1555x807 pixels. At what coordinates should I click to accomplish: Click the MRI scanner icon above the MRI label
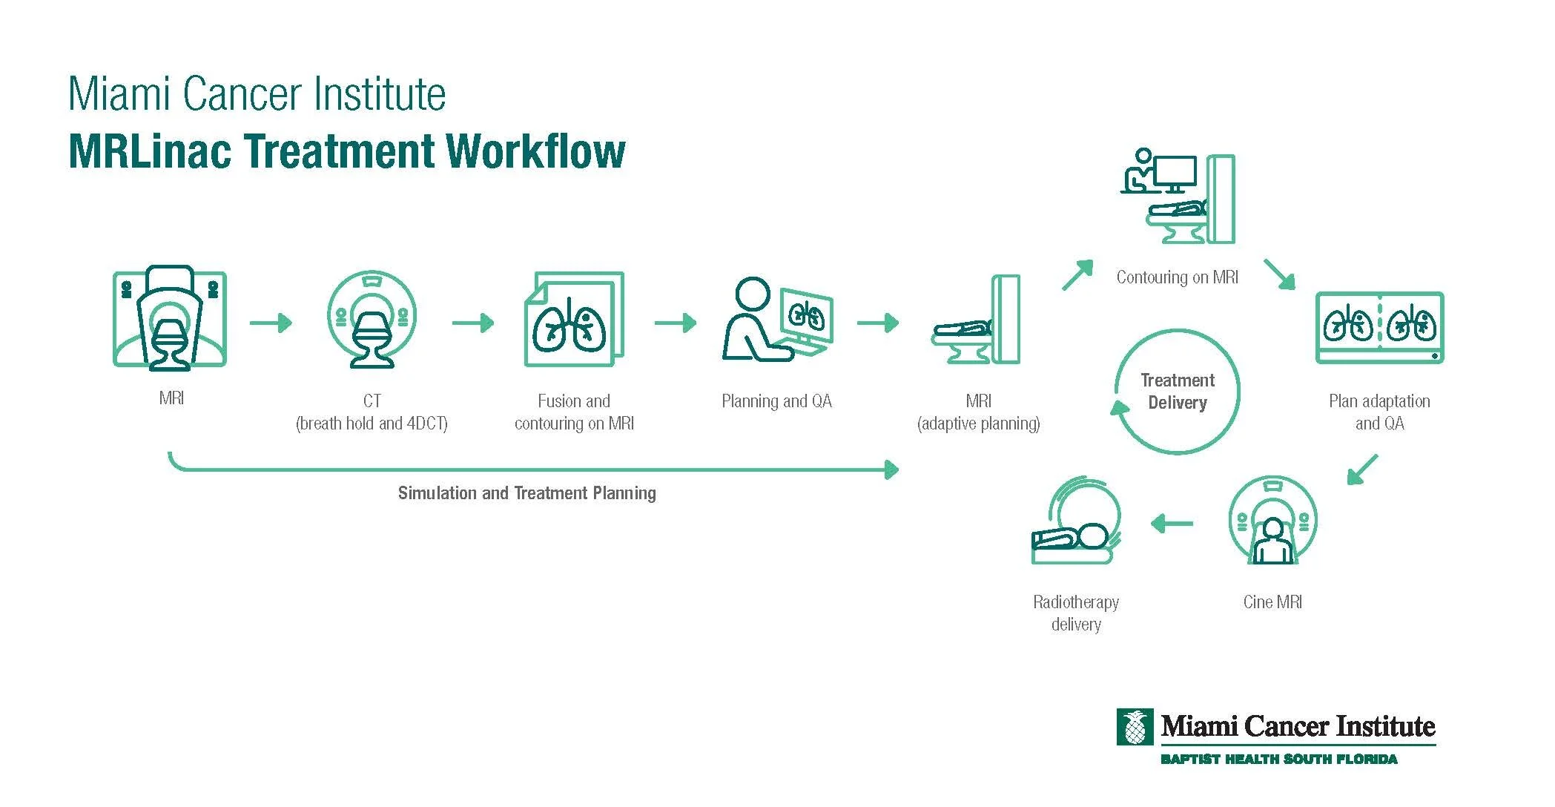[x=170, y=319]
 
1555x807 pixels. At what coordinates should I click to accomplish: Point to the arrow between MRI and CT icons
[x=271, y=323]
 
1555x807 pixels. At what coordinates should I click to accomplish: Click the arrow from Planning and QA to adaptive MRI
[x=878, y=323]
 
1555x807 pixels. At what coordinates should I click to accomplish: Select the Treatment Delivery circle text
[x=1177, y=392]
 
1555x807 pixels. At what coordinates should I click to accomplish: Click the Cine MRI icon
[x=1272, y=521]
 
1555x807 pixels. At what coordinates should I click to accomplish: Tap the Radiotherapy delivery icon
[x=1076, y=522]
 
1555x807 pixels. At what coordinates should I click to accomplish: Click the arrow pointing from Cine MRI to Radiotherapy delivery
[x=1172, y=524]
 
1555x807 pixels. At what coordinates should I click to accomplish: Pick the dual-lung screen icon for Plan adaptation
[x=1379, y=327]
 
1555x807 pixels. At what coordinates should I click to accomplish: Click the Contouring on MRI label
[x=1177, y=277]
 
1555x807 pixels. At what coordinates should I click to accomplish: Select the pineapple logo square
[x=1135, y=727]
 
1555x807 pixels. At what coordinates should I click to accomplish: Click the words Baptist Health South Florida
[x=1278, y=760]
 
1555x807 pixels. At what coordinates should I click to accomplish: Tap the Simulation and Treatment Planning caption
[x=526, y=493]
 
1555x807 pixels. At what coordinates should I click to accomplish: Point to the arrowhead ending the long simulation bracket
[x=893, y=469]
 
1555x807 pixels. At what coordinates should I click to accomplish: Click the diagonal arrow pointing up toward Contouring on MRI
[x=1077, y=274]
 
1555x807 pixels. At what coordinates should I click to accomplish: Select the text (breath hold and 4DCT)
[x=372, y=424]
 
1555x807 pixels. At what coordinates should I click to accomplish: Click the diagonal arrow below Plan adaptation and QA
[x=1362, y=470]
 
